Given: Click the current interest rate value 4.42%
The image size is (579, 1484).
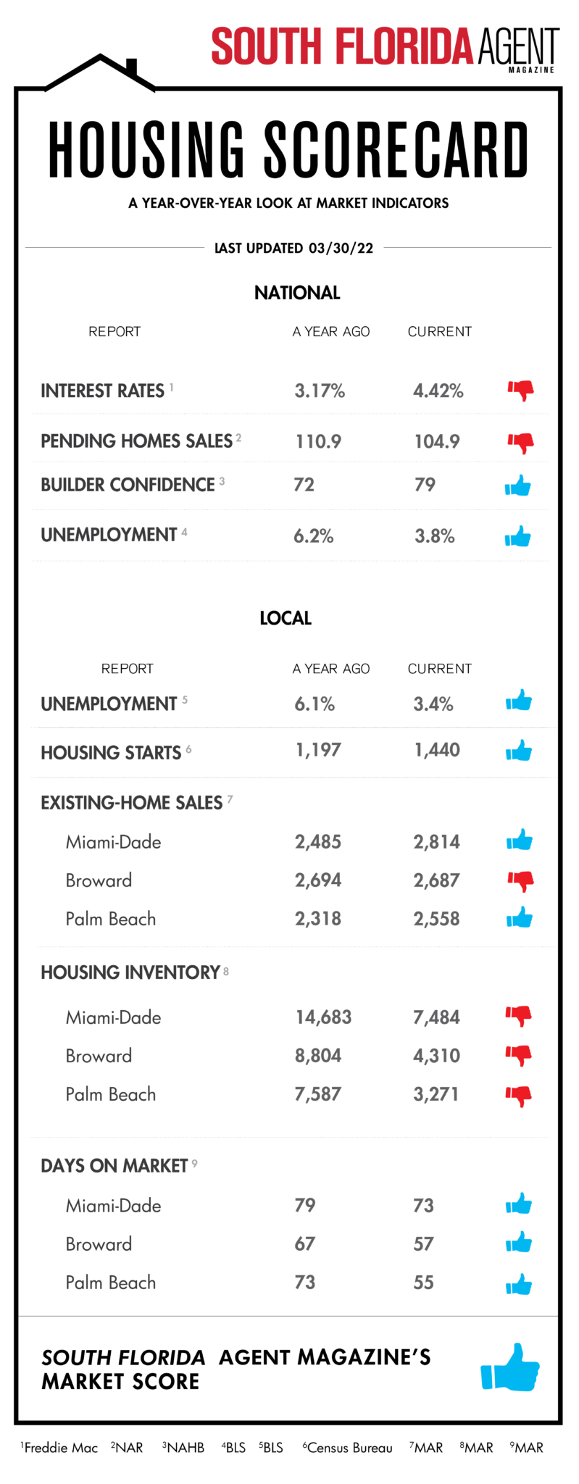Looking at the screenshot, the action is (x=438, y=391).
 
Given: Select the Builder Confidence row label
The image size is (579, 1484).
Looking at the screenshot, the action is (x=128, y=485).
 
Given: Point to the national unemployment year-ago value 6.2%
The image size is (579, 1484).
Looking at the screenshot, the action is (x=313, y=536).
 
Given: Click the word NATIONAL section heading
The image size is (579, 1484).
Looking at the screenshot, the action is (x=297, y=293).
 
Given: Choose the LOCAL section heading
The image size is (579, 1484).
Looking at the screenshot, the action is (x=286, y=618).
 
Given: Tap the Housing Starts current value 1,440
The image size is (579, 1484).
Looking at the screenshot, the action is (x=436, y=750).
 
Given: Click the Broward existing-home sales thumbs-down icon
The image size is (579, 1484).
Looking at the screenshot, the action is (x=520, y=882).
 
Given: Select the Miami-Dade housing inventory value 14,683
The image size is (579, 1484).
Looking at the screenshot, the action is (x=323, y=1017).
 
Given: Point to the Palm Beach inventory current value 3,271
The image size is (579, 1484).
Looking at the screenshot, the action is (x=436, y=1094).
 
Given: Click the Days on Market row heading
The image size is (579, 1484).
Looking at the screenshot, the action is (x=114, y=1166).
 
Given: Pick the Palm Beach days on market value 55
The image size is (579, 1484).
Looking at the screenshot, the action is (x=423, y=1283).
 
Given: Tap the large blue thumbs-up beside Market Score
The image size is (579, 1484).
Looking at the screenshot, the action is (x=510, y=1367).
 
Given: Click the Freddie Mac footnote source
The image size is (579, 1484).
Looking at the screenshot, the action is (x=59, y=1448).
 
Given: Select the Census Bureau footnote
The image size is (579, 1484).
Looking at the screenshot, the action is (x=348, y=1448).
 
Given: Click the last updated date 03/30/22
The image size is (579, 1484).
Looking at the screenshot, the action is (x=341, y=248).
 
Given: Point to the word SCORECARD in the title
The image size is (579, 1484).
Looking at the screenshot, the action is (x=396, y=150).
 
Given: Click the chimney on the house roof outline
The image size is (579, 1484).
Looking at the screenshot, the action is (x=132, y=67).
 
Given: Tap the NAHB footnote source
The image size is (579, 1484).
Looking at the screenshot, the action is (x=183, y=1448).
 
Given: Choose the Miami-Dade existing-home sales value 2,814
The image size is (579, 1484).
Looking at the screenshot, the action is (x=436, y=842).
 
